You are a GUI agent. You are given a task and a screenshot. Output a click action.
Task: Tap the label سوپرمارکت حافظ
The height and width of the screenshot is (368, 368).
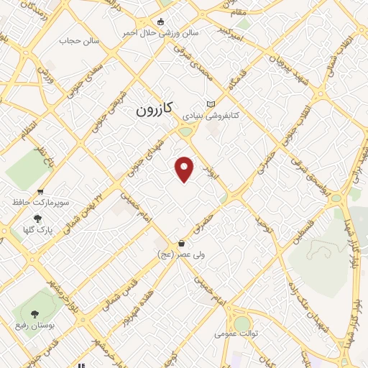(40, 203)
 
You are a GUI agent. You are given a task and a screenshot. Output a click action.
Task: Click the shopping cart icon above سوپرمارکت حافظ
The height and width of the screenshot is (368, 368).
(40, 192)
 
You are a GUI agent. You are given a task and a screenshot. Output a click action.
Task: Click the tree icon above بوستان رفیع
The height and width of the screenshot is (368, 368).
(34, 313)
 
